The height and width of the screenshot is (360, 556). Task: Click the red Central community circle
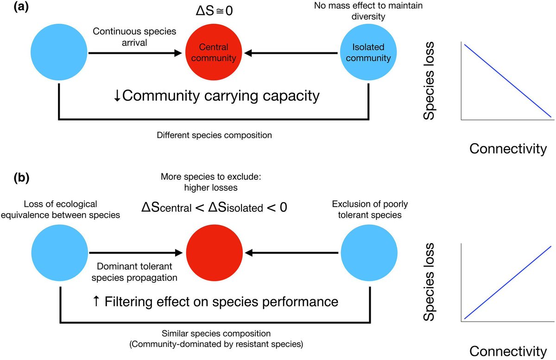(214, 52)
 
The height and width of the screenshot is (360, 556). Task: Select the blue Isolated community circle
(368, 52)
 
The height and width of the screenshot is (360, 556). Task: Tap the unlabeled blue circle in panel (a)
(59, 52)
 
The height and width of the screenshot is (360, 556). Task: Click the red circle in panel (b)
(215, 253)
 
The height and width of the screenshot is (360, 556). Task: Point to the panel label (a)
(21, 7)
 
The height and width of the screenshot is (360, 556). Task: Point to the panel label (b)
(21, 178)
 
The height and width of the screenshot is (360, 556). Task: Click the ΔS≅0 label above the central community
(214, 11)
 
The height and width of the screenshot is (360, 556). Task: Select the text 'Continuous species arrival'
(134, 37)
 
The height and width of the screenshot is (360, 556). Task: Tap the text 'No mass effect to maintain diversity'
(368, 11)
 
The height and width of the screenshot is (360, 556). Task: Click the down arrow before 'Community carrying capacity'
(117, 96)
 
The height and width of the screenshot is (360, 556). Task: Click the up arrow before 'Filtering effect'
(96, 301)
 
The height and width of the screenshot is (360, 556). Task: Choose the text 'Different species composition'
(214, 135)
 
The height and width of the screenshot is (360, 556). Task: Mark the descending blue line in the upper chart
(508, 81)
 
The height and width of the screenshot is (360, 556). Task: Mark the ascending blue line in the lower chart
(508, 283)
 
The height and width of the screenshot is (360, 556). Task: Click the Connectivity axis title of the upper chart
(508, 149)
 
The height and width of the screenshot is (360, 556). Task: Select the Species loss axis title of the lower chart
(429, 282)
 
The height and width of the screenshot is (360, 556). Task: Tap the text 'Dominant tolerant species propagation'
(134, 272)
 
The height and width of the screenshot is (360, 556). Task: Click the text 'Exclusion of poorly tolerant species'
(370, 209)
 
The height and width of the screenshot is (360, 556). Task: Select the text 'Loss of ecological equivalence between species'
(60, 209)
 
